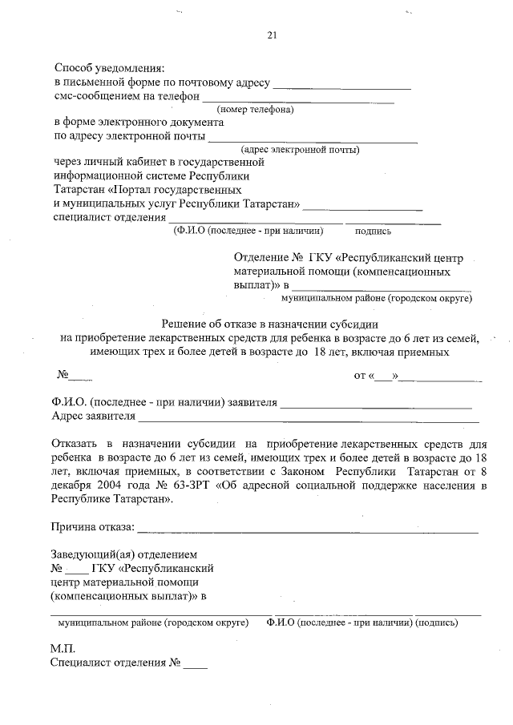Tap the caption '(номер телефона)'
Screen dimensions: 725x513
click(x=256, y=110)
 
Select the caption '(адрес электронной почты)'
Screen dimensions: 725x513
click(x=300, y=149)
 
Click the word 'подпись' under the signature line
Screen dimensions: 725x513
click(x=373, y=231)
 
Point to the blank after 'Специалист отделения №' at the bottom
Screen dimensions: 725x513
click(x=195, y=665)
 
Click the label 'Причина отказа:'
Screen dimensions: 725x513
click(x=92, y=527)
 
